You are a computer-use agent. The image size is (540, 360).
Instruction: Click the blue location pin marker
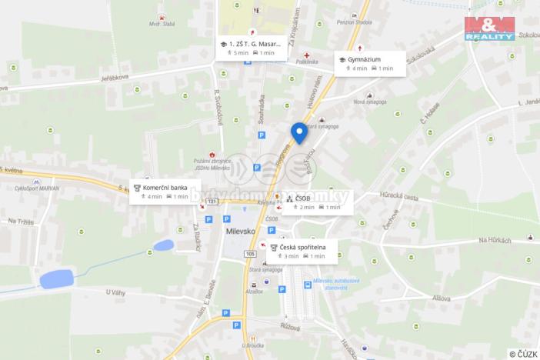(299, 133)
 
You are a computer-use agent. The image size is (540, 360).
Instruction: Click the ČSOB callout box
(316, 202)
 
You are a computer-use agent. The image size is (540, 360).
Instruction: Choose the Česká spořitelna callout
(302, 251)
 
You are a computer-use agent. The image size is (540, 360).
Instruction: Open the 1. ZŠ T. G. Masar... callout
(252, 48)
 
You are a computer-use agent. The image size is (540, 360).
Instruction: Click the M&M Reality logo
(489, 28)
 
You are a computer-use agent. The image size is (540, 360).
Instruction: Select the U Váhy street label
(115, 292)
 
